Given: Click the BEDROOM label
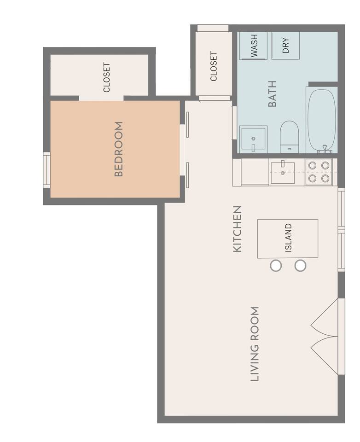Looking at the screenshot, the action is tap(119, 149).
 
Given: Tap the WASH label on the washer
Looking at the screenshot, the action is tap(254, 46).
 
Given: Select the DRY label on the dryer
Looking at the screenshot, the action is tap(285, 46).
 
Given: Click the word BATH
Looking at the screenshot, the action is tap(273, 94).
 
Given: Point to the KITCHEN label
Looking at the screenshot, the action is tap(238, 229).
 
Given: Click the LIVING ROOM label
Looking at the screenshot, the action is tap(255, 344).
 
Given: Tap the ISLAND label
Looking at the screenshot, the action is tap(288, 238).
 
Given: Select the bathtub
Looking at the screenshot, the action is tap(322, 121).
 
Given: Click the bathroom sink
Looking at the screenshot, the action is tap(253, 138).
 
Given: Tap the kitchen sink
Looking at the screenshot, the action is tap(283, 173).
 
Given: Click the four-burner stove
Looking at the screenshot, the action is tap(319, 172).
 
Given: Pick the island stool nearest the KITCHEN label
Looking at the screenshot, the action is tap(276, 266).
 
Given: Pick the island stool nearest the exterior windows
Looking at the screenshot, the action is tap(300, 266).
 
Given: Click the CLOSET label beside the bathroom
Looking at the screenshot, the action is tap(214, 66).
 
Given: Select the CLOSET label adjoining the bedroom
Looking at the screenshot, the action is tap(106, 77).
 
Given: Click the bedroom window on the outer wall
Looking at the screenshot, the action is tap(46, 170).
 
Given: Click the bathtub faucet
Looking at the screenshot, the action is tap(325, 149).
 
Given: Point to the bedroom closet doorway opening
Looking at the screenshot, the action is tap(101, 98).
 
